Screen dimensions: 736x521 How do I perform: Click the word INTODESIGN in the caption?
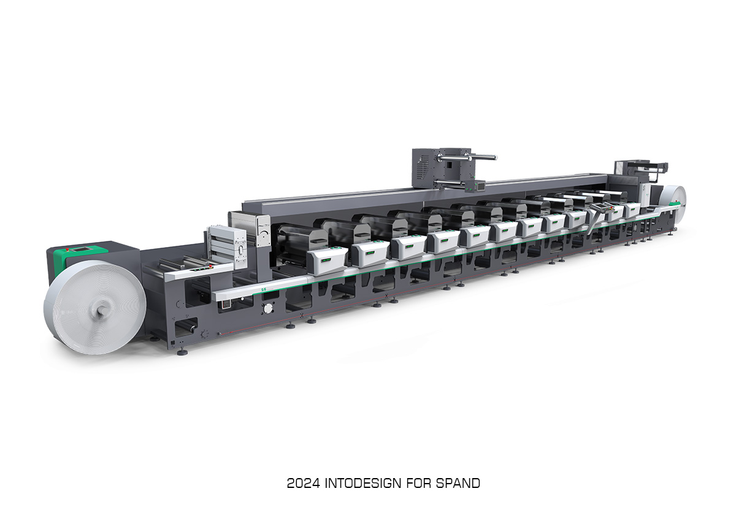pos(362,483)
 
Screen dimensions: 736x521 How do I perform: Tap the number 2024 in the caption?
pos(303,483)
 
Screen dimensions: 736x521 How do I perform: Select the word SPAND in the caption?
pos(458,483)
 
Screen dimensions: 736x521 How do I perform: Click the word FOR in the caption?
pos(418,483)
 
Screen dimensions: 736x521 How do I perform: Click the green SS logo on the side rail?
pos(263,289)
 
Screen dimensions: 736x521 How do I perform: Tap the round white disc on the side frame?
pos(268,308)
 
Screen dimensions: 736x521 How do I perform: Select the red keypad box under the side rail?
pos(226,305)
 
